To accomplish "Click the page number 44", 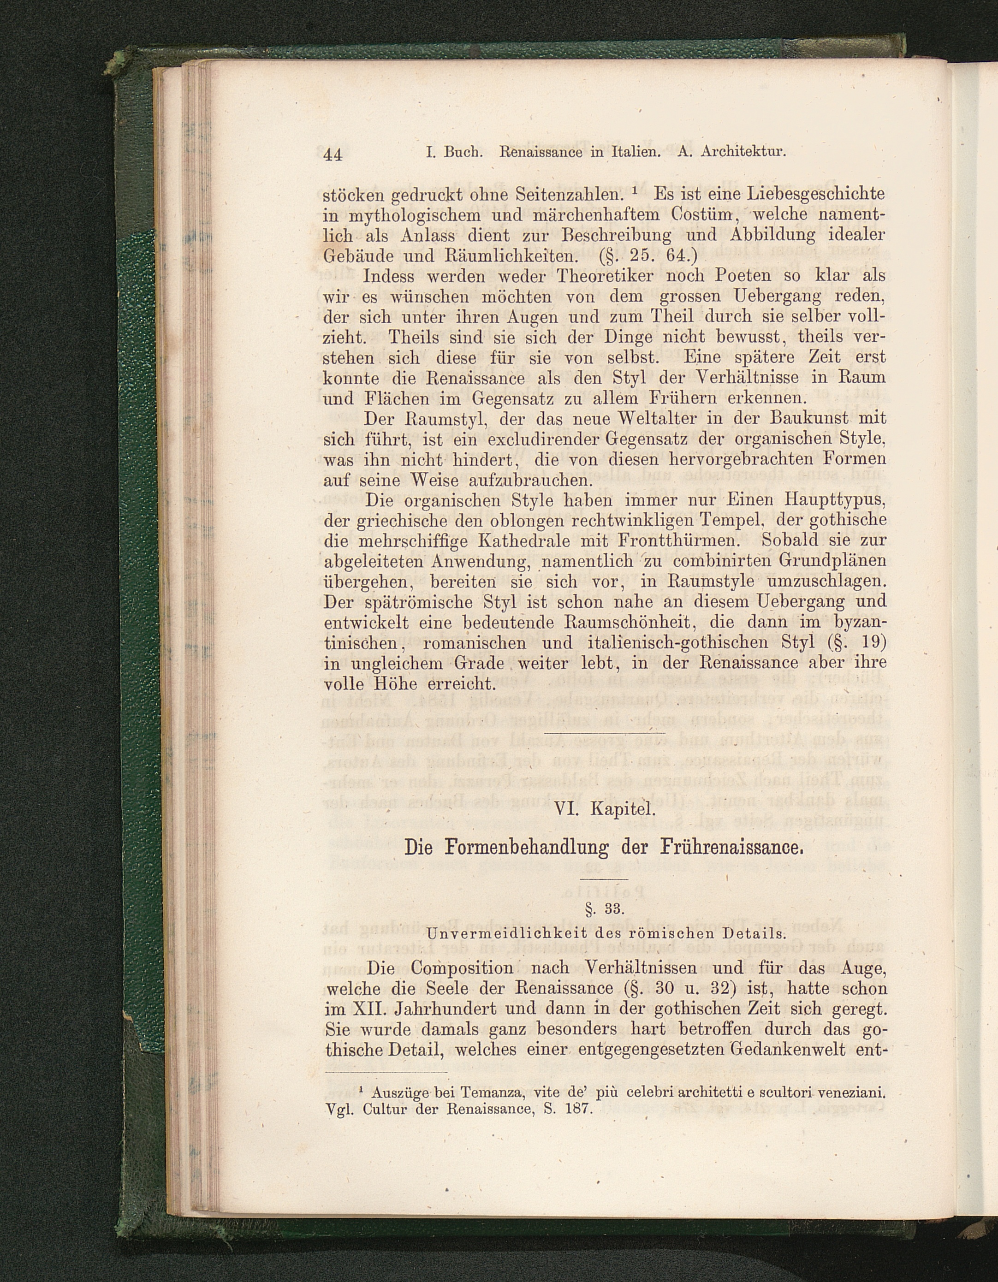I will [x=333, y=155].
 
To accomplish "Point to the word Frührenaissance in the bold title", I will [x=731, y=848].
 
